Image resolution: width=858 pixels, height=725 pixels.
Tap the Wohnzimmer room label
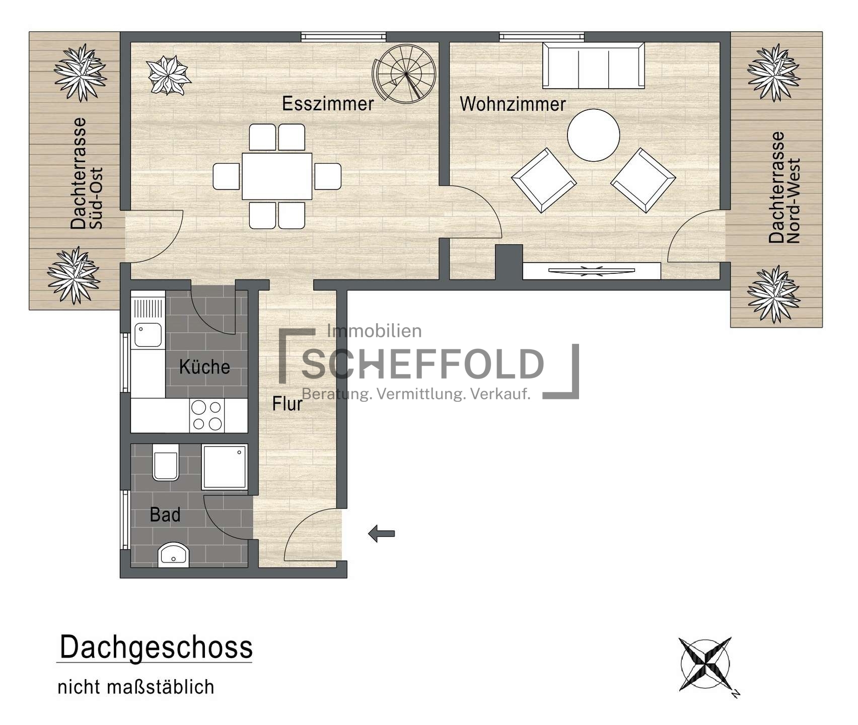(x=513, y=104)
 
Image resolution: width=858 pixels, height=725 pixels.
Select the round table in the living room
(x=593, y=135)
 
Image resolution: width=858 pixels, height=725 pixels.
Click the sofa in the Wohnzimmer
(x=594, y=65)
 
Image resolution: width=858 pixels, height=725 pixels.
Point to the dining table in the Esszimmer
(x=277, y=176)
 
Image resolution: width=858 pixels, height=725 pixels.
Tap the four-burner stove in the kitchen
(x=207, y=415)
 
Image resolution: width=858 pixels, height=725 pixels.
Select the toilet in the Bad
(x=166, y=462)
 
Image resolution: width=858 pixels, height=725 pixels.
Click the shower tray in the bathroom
(x=225, y=467)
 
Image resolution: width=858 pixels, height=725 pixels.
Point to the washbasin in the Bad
(x=174, y=555)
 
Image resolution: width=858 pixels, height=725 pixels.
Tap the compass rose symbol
(x=706, y=665)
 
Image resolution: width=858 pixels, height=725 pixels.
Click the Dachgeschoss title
(x=156, y=647)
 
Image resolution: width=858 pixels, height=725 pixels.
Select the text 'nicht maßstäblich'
(x=136, y=687)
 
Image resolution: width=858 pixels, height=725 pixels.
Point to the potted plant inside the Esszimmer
(x=168, y=76)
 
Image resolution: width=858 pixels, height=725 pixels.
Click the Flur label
(x=287, y=404)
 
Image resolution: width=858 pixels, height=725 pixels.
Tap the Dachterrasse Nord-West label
(x=784, y=188)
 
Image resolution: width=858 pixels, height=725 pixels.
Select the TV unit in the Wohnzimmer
(x=592, y=271)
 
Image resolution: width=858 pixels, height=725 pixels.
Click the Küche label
(x=204, y=367)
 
